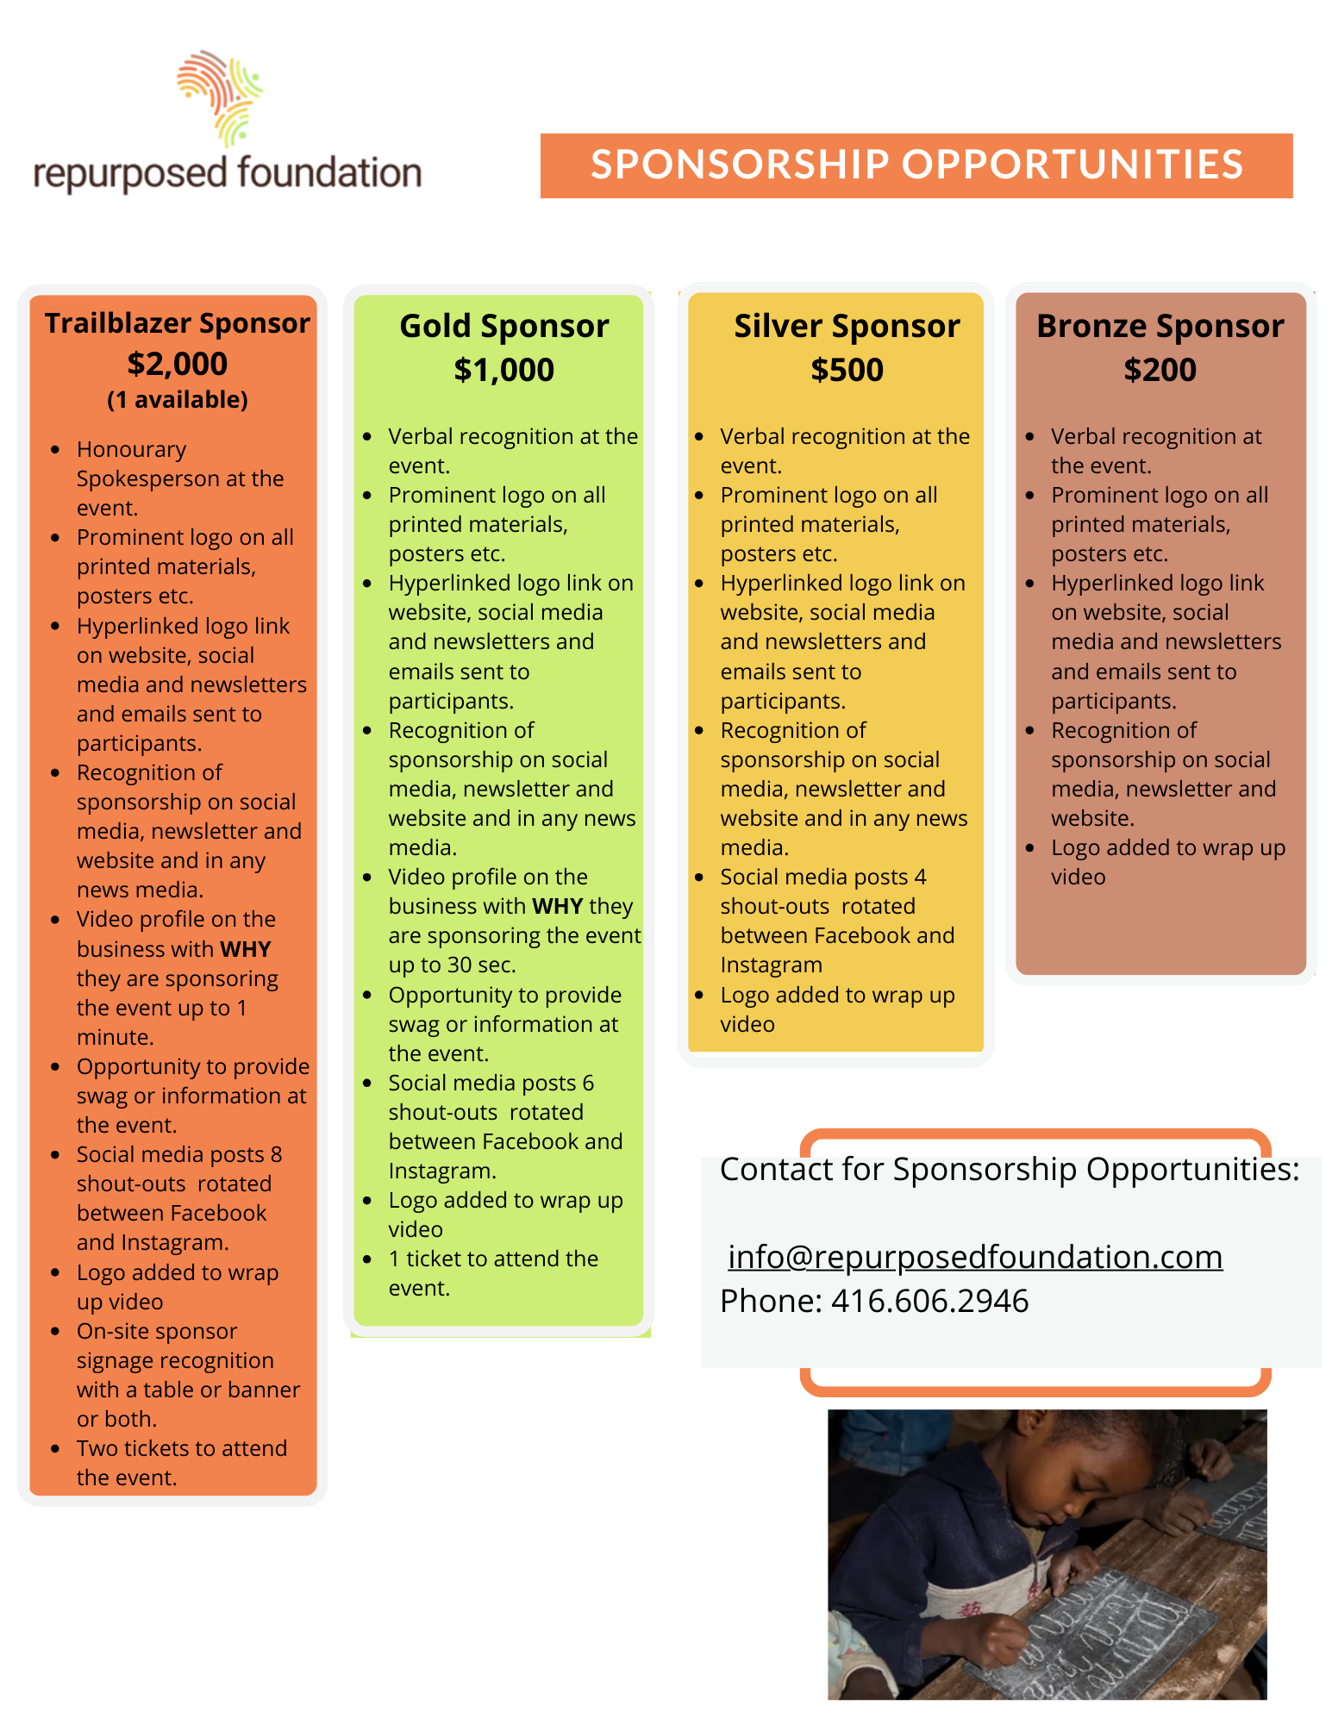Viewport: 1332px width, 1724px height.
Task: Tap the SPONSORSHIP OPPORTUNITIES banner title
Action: tap(916, 165)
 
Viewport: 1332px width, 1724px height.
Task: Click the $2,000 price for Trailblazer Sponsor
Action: tap(178, 364)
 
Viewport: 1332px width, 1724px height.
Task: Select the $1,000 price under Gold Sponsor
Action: tap(503, 370)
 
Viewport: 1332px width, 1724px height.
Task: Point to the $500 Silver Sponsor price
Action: tap(847, 370)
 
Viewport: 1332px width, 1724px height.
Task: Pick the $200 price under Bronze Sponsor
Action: tap(1160, 370)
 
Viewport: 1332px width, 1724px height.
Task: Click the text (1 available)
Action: tap(178, 400)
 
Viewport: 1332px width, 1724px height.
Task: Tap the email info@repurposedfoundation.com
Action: tap(975, 1257)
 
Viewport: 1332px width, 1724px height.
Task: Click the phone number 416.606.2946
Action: tap(929, 1301)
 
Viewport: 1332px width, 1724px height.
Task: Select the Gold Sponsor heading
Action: tap(504, 327)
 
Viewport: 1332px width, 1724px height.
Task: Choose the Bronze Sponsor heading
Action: tap(1160, 327)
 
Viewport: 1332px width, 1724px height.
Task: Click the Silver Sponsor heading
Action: tap(847, 327)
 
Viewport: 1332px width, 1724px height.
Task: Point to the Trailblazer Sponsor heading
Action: tap(178, 323)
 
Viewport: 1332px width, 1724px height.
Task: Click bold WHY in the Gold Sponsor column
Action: tap(557, 907)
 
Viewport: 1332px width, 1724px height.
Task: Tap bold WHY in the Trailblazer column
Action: tap(245, 949)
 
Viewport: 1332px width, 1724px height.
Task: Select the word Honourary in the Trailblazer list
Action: tap(131, 450)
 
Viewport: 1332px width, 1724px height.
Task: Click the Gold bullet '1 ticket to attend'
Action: tap(493, 1259)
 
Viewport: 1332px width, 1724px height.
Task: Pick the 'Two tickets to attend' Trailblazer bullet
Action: tap(181, 1449)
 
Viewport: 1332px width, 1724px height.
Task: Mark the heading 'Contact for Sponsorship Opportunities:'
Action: tap(1009, 1170)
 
